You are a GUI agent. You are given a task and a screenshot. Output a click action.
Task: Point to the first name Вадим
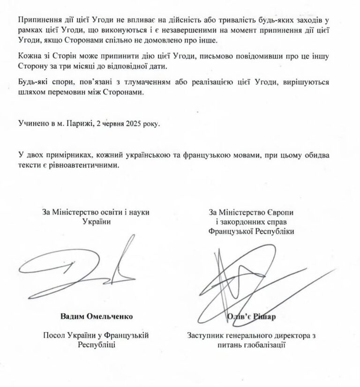point(73,316)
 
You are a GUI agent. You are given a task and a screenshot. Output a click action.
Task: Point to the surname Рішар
point(264,316)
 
